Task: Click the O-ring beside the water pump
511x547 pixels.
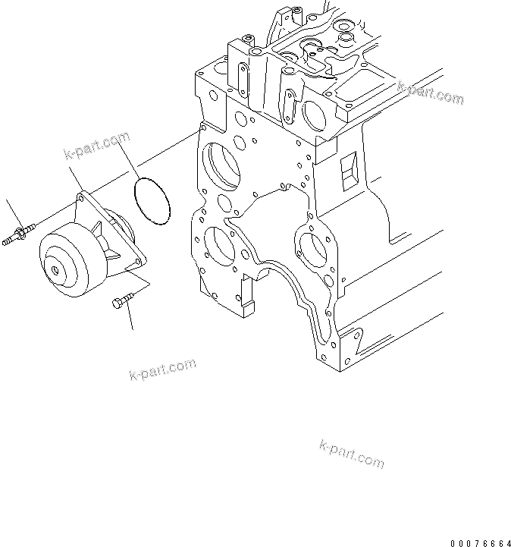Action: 152,200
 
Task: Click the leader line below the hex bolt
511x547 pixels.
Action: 133,319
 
